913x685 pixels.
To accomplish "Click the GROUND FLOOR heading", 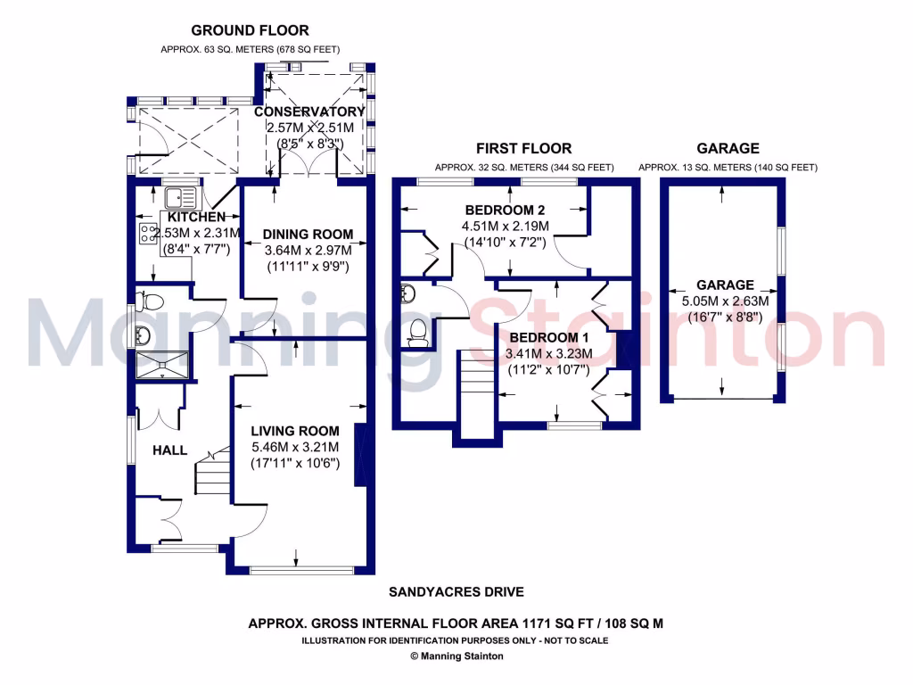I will click(251, 31).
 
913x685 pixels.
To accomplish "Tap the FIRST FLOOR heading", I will click(523, 148).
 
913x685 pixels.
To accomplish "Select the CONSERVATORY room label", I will click(309, 111).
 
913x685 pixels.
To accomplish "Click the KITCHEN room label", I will click(195, 217).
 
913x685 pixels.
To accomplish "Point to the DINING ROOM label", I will click(308, 234).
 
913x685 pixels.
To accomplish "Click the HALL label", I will click(169, 450).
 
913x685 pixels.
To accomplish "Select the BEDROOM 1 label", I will click(549, 338).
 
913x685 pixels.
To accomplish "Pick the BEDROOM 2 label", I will click(506, 210).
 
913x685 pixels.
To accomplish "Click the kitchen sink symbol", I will click(181, 194).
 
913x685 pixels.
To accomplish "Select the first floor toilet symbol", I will click(416, 332).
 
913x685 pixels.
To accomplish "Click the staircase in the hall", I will click(212, 474).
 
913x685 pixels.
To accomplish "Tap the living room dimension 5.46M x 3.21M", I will click(294, 447).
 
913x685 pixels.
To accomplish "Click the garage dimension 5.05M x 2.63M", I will click(725, 301).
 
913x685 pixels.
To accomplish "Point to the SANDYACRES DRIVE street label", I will click(456, 591).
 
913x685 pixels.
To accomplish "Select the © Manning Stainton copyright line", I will click(456, 656).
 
